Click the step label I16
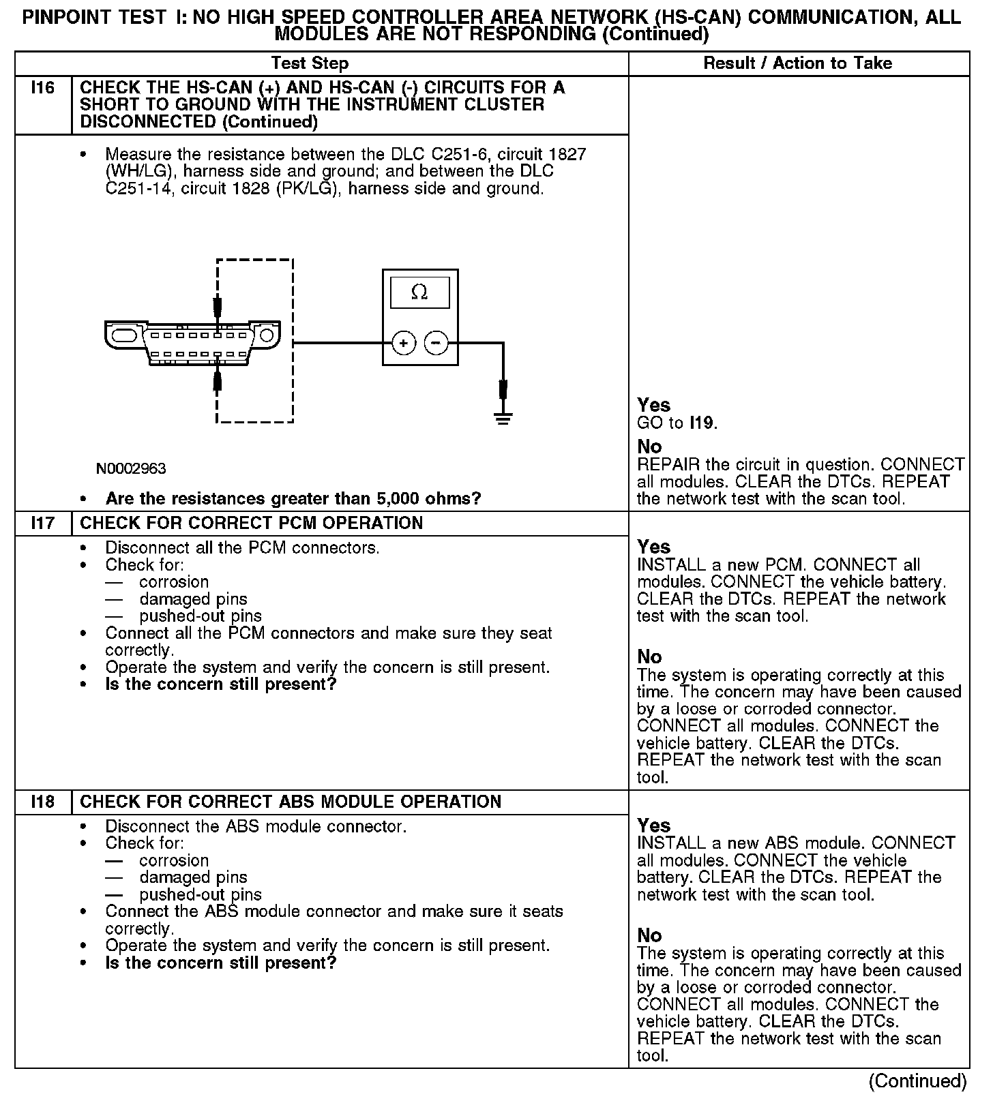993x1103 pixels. (x=42, y=88)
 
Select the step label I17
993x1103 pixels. (x=42, y=524)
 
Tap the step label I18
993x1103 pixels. (x=42, y=802)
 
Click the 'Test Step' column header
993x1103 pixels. (x=310, y=63)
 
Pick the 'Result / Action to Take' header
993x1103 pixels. (x=797, y=63)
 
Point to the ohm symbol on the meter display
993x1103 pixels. (x=419, y=292)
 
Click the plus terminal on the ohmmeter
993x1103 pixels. (x=404, y=343)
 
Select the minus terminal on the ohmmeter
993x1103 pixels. (x=437, y=343)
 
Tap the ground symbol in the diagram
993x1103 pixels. (x=503, y=418)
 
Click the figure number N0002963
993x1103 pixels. (x=131, y=468)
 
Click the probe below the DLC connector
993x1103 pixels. (x=218, y=379)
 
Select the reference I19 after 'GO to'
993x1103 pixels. (x=702, y=423)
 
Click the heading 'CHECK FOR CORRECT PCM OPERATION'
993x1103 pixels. (x=252, y=524)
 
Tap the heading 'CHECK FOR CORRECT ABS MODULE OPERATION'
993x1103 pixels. (x=291, y=802)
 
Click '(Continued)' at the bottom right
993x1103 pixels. (x=917, y=1081)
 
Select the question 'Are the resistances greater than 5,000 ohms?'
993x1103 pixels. (x=293, y=499)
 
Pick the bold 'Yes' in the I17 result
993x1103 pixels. (x=653, y=547)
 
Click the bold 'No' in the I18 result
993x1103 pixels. (x=649, y=935)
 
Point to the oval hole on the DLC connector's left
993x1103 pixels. (x=125, y=336)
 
